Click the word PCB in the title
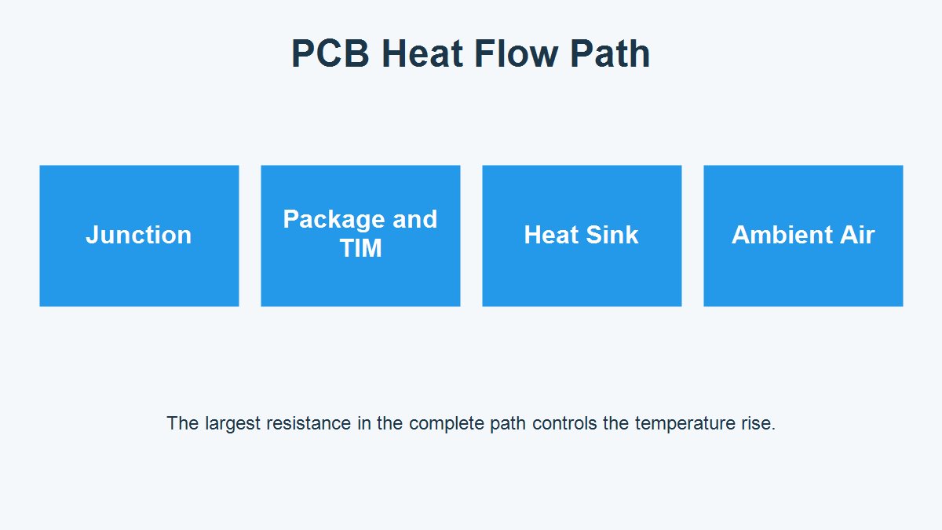pos(330,53)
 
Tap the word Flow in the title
pos(516,53)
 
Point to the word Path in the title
pos(610,53)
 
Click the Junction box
pos(139,236)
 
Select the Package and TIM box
pos(360,236)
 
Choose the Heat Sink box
pos(582,236)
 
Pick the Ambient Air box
pos(803,236)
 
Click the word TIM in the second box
pos(361,248)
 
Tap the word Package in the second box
pos(334,220)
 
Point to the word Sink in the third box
pos(612,235)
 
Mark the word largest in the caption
pos(233,423)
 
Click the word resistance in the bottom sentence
pos(309,423)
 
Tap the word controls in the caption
pos(564,423)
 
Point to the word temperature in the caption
pos(685,423)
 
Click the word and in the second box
pos(414,220)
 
